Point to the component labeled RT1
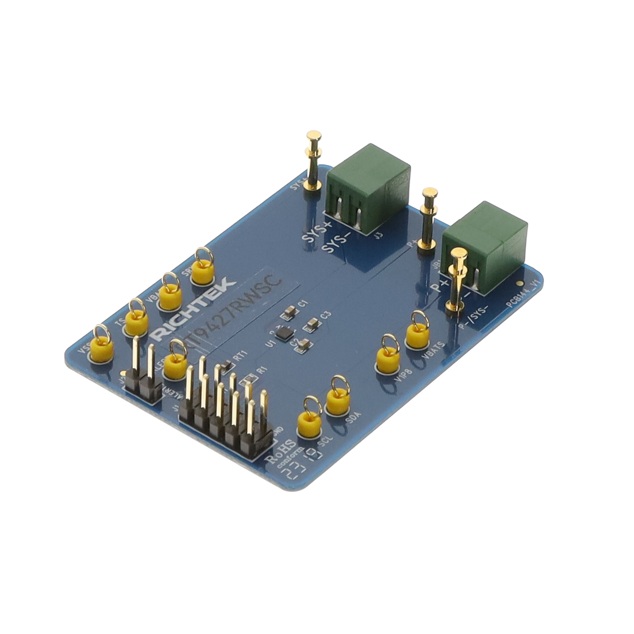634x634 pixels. pyautogui.click(x=226, y=366)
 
